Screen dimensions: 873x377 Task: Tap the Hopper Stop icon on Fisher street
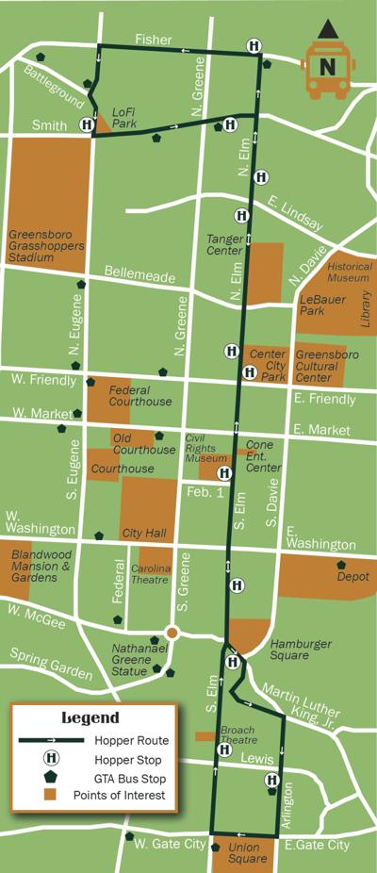(254, 46)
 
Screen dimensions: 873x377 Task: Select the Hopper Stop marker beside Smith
(87, 124)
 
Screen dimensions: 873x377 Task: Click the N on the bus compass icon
(326, 67)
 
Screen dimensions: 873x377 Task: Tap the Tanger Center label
(225, 245)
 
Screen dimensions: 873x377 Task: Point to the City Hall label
(144, 534)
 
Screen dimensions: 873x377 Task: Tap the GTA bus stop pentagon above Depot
(342, 566)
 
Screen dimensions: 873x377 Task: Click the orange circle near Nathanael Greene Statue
(172, 633)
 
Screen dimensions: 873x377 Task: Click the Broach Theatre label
(238, 735)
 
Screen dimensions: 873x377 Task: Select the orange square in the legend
(51, 796)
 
